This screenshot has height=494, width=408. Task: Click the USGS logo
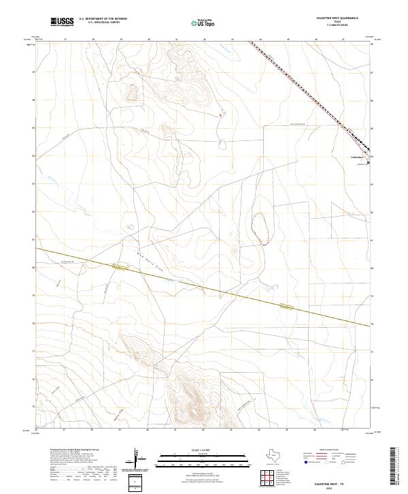click(x=63, y=22)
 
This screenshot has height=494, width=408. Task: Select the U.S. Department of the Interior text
click(x=103, y=18)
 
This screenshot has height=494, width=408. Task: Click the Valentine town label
click(x=358, y=157)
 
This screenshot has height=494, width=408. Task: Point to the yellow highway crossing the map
click(x=204, y=281)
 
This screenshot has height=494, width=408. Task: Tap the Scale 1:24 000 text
click(x=194, y=450)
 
